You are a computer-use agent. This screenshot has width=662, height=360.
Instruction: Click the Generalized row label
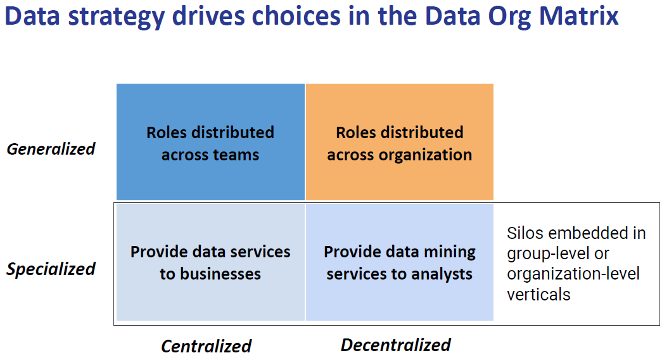(x=51, y=149)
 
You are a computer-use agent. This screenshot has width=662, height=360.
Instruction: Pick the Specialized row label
(x=51, y=269)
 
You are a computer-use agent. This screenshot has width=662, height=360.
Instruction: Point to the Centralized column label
(x=207, y=346)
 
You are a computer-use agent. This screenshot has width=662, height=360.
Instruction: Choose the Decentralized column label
(x=396, y=345)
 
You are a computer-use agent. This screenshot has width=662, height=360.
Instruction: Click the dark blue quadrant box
(x=211, y=142)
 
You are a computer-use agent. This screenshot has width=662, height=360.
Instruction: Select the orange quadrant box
(x=399, y=142)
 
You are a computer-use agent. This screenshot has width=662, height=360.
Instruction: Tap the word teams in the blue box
(x=236, y=155)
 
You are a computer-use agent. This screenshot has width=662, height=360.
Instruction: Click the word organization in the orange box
(x=425, y=155)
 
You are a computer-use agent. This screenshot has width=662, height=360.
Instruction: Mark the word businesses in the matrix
(x=220, y=274)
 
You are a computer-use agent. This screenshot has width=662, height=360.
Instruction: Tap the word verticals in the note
(x=538, y=295)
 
